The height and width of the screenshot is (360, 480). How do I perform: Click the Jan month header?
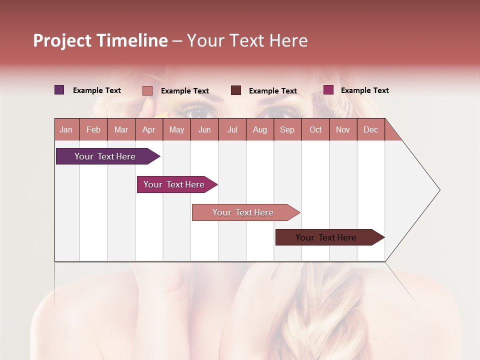66,129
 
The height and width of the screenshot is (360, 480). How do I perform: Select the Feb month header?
93,129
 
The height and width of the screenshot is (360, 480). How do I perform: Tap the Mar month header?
121,129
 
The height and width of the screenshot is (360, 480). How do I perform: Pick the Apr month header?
149,129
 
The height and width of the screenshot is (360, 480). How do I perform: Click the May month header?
176,129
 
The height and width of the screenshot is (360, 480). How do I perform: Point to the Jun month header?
204,129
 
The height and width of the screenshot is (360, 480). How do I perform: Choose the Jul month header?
232,129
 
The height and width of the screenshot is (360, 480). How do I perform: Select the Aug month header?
260,129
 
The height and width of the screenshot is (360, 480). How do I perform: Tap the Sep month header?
287,129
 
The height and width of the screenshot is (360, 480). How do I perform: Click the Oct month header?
315,129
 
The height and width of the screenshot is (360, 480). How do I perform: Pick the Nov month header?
343,129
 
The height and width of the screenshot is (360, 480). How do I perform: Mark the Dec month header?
371,129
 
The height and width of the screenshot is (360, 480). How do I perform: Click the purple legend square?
59,90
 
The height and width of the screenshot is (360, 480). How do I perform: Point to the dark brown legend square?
236,90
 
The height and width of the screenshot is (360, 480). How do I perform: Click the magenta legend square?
328,90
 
